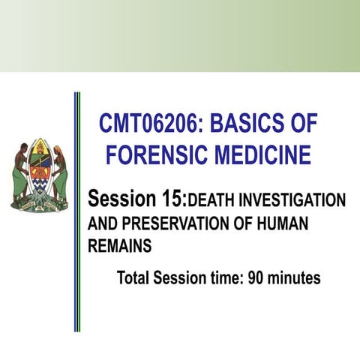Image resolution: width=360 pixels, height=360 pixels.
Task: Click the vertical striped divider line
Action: [x=77, y=210]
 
